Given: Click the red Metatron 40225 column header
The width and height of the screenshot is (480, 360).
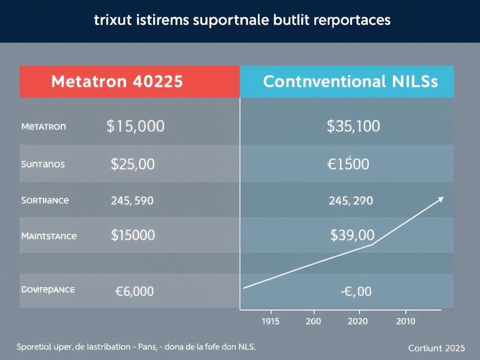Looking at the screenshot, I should point(117,82).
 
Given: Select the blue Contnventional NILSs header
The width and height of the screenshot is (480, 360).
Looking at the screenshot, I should point(350,82).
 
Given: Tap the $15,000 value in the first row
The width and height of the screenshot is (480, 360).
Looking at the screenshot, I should point(135,126).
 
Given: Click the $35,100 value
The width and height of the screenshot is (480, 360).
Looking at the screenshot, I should point(353,126).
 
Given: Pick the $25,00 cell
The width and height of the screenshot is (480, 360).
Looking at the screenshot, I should point(133,164).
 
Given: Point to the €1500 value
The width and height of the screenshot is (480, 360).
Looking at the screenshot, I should point(348,164).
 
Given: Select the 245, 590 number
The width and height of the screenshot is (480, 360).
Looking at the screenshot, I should point(132,201).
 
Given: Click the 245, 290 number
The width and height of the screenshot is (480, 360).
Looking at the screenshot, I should point(351,201).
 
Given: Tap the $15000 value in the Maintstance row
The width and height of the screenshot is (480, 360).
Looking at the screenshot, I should point(133,235).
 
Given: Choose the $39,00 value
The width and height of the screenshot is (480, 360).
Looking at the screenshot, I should point(352,235).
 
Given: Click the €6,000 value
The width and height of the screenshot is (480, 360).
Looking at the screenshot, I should point(134,291).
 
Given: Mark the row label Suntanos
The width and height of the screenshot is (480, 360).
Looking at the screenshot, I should point(43,164).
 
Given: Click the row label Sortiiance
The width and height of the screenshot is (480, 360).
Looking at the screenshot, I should point(45,200).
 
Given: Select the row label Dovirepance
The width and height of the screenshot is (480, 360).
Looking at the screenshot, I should point(48,290).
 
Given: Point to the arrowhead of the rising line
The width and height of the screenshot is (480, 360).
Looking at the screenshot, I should point(440,199).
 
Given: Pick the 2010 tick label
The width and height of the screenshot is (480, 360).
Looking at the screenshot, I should point(405,321).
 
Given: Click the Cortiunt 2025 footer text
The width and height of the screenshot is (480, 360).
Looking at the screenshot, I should point(436,348).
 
